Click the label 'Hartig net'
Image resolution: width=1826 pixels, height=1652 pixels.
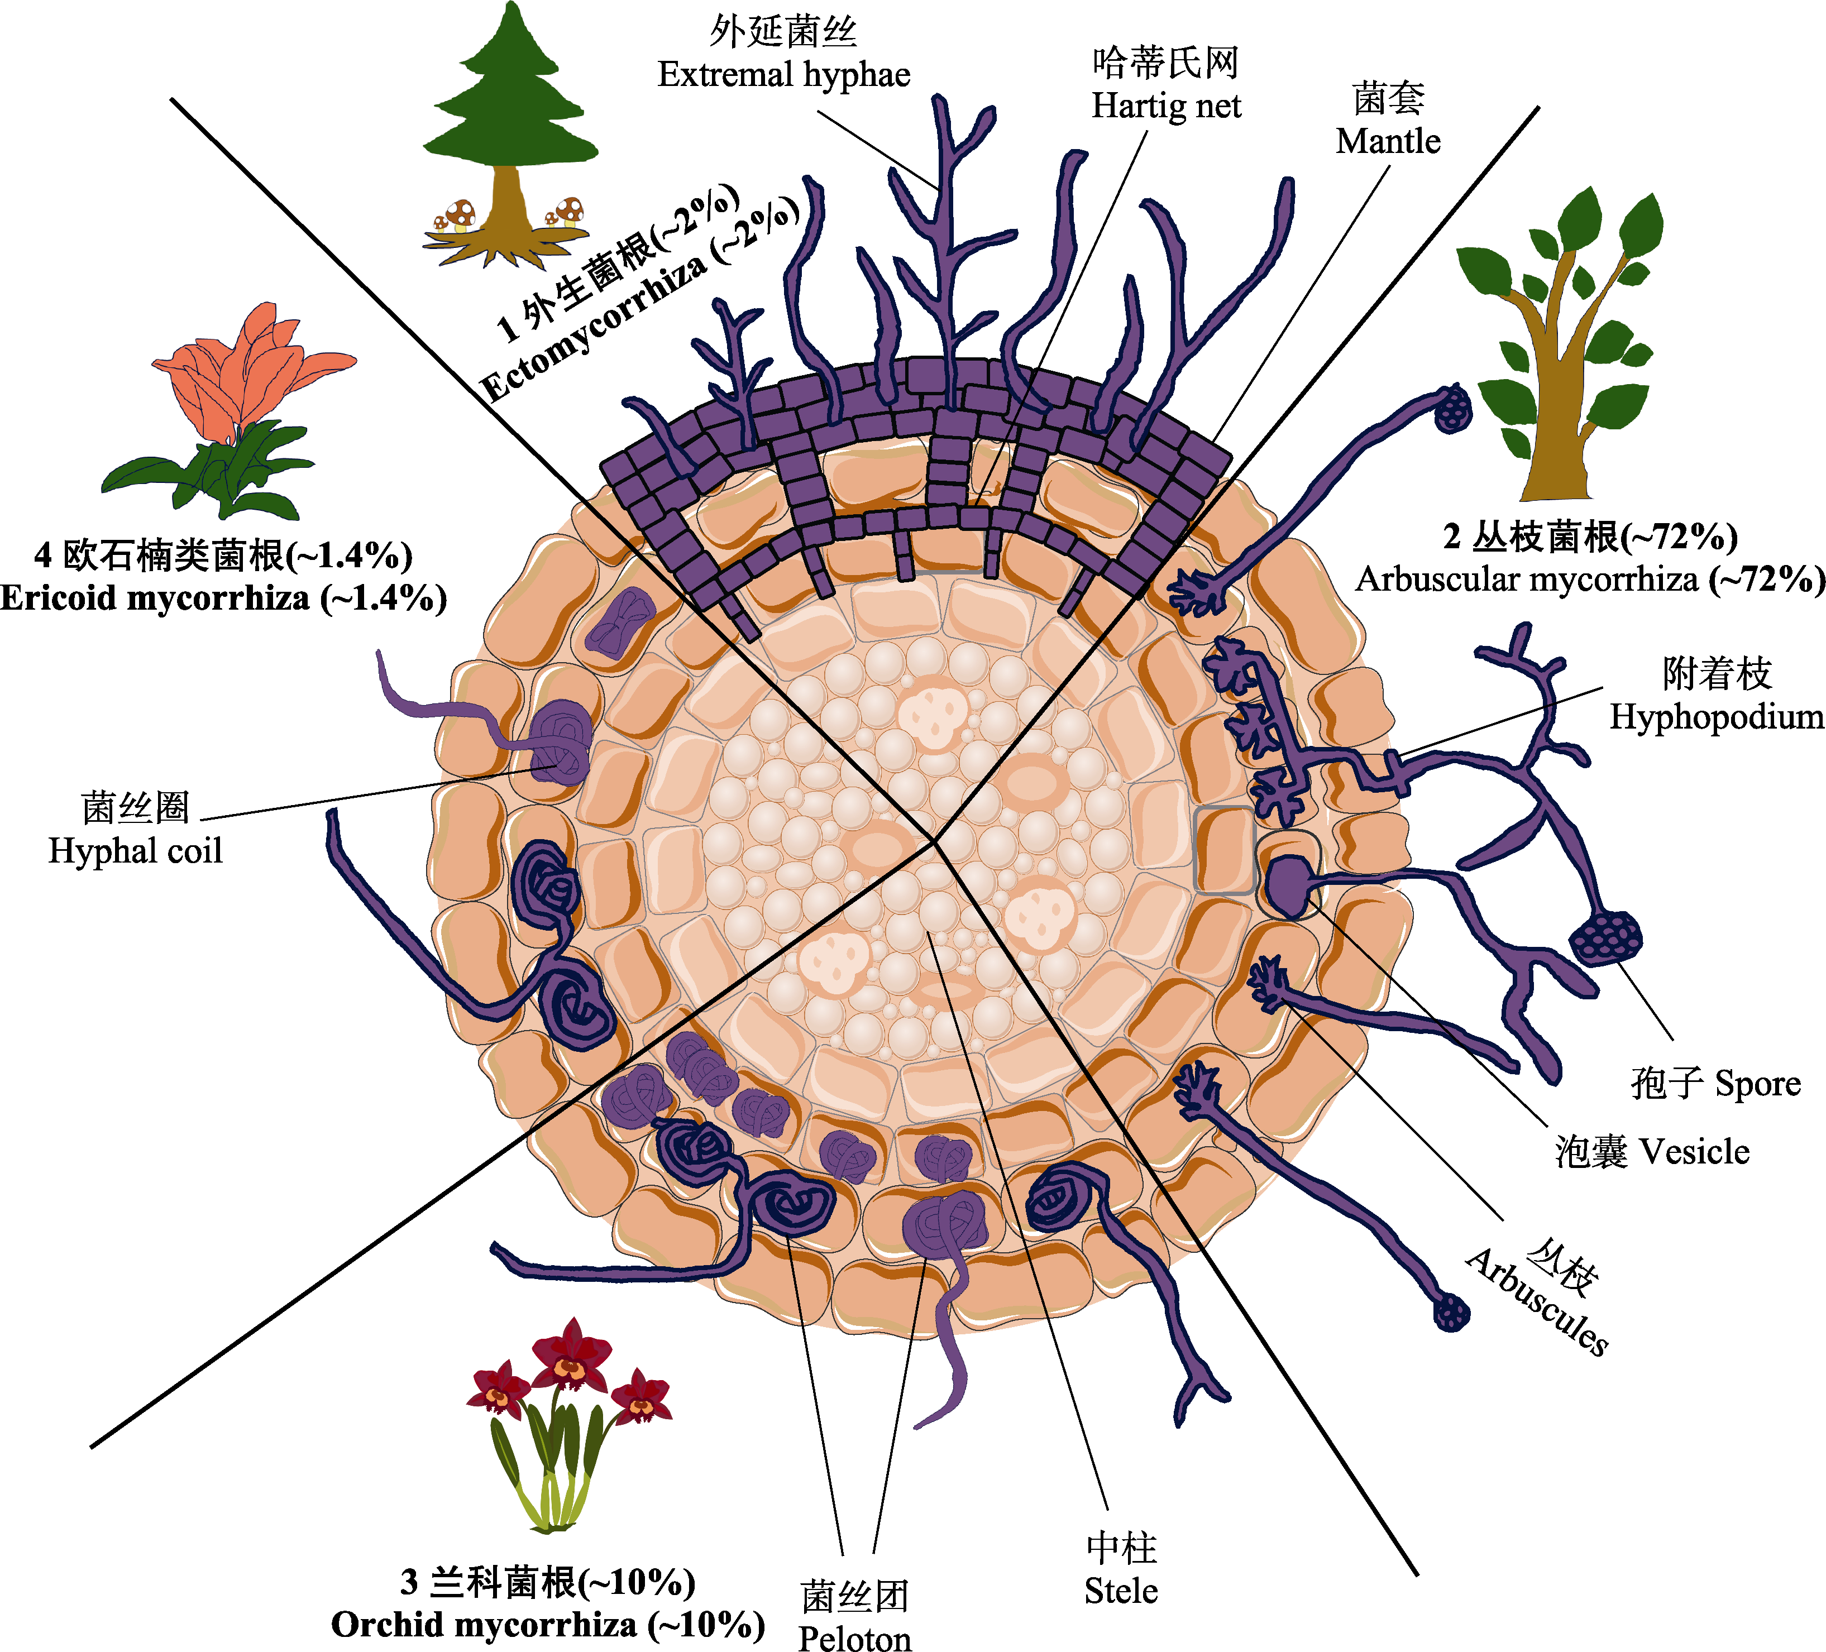[x=1166, y=106]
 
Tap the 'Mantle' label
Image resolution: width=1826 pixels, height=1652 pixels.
[x=1388, y=141]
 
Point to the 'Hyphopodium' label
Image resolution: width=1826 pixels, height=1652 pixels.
[x=1717, y=716]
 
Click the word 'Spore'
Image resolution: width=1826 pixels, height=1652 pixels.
[x=1757, y=1083]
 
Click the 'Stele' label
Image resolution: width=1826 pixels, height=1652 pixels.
[x=1121, y=1591]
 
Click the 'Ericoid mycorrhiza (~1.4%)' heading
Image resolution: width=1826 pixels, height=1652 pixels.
[x=223, y=598]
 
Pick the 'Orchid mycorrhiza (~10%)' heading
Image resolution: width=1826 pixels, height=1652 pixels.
[x=548, y=1625]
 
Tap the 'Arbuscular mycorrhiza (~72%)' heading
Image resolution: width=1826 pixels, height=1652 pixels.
[x=1590, y=580]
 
